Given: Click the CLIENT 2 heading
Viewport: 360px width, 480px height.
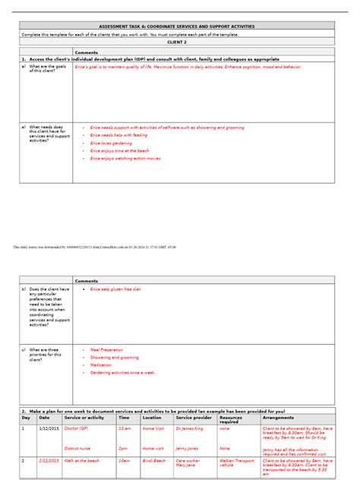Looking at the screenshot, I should tap(176, 43).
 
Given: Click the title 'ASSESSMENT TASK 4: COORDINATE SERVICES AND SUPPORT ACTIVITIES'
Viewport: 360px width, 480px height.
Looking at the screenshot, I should tap(178, 27).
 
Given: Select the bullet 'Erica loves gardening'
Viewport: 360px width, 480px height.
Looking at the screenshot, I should tap(111, 143).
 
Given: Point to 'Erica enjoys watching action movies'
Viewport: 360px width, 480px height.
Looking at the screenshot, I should tap(125, 159).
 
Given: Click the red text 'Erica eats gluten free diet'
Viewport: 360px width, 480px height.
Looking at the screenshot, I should tap(115, 289).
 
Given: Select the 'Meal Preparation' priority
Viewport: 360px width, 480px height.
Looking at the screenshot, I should tap(107, 349).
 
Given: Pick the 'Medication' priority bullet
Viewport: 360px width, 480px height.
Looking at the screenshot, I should tap(101, 365).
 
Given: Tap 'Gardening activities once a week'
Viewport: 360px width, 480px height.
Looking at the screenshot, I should tap(122, 373).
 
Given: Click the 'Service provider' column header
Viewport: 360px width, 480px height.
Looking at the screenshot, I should tap(194, 418).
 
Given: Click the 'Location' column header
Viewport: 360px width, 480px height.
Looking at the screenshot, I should tap(152, 418).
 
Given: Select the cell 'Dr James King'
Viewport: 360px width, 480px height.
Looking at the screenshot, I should tap(189, 428).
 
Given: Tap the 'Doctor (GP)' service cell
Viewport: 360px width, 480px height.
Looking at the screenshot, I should tap(77, 428).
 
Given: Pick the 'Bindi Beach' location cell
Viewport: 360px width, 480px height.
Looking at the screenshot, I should tap(154, 460).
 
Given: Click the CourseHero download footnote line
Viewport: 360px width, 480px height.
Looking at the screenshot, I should tap(95, 247).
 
